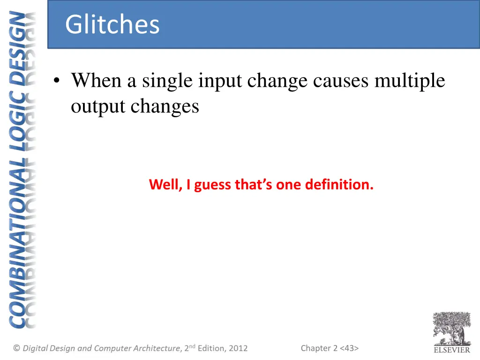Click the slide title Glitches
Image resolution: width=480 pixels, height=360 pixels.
pyautogui.click(x=112, y=25)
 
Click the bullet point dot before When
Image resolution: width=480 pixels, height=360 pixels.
pyautogui.click(x=57, y=82)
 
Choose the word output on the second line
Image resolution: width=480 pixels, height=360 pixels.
pyautogui.click(x=98, y=107)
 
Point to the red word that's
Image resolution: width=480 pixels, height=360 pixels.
pyautogui.click(x=254, y=185)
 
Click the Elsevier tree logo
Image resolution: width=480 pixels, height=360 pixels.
pyautogui.click(x=451, y=328)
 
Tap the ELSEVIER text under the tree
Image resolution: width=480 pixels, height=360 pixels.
pyautogui.click(x=451, y=350)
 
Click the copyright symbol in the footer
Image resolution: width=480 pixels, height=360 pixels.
pyautogui.click(x=16, y=348)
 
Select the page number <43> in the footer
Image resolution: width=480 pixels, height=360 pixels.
pyautogui.click(x=349, y=348)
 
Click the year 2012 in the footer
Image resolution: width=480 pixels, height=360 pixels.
pyautogui.click(x=238, y=348)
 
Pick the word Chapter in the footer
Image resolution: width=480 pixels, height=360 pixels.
pyautogui.click(x=316, y=348)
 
